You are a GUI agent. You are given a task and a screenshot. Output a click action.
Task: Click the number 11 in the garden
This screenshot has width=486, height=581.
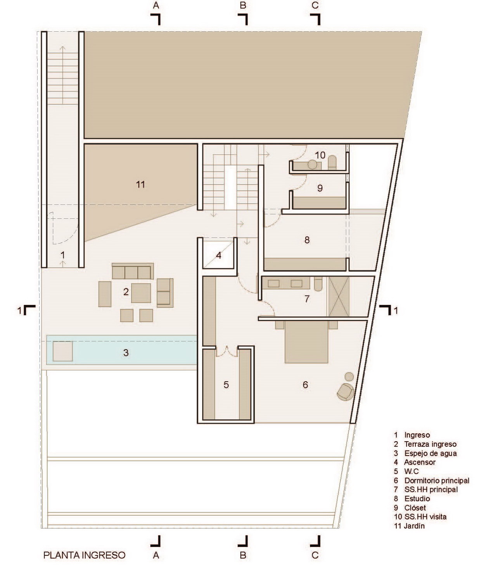pyautogui.click(x=140, y=184)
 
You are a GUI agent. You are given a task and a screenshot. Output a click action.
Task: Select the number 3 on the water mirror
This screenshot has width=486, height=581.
pyautogui.click(x=126, y=353)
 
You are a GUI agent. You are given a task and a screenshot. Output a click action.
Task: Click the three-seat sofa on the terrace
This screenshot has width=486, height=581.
pyautogui.click(x=133, y=271)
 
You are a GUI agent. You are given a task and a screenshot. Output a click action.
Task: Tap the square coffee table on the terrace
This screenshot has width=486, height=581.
pyautogui.click(x=141, y=293)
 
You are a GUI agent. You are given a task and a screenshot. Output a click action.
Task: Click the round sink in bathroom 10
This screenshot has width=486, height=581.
pyautogui.click(x=312, y=165)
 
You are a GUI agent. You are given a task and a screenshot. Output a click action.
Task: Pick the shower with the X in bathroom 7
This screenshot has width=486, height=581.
pyautogui.click(x=339, y=297)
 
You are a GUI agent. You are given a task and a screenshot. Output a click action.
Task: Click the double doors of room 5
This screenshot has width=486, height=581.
pyautogui.click(x=227, y=351)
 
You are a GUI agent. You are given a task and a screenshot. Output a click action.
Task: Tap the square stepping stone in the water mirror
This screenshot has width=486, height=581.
pyautogui.click(x=63, y=351)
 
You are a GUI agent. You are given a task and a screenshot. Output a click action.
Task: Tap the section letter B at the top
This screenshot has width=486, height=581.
pyautogui.click(x=243, y=5)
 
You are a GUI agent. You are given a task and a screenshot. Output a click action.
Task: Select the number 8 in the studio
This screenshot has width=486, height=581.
pyautogui.click(x=307, y=240)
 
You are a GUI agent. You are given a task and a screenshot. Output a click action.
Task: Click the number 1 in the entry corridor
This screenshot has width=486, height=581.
pyautogui.click(x=63, y=255)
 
